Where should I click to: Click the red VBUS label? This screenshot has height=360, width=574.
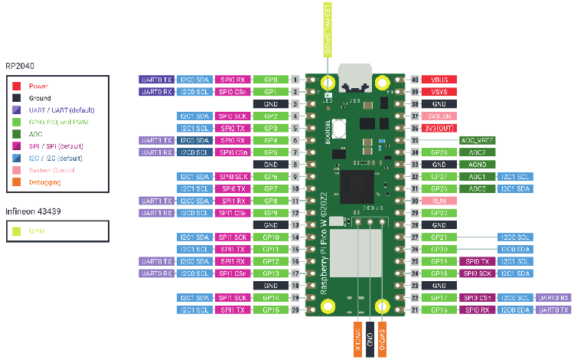point(439,80)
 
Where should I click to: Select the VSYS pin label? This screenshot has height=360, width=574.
point(439,92)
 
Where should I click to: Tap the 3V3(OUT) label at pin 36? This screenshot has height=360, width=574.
point(439,129)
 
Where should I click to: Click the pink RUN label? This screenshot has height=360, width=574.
point(439,201)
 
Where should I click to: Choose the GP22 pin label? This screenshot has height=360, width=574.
point(439,213)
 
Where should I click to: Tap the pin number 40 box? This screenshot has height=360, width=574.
point(416,80)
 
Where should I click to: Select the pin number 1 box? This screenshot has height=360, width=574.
point(295,80)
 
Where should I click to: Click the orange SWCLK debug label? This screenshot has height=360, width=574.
point(357,335)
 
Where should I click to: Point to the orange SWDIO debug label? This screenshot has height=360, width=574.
point(382,335)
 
